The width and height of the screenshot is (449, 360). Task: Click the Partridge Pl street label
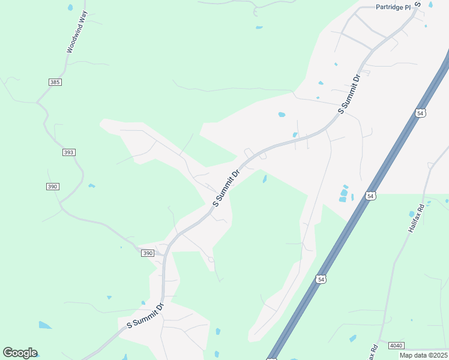tap(393, 7)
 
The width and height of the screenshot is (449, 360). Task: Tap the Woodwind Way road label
tap(77, 32)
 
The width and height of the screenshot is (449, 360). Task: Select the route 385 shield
tap(55, 82)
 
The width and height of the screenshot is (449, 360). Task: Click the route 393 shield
tap(68, 152)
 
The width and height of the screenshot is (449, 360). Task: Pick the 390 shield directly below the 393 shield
tap(52, 187)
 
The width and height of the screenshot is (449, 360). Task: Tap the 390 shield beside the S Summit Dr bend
tap(148, 253)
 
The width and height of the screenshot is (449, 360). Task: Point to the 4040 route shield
tap(396, 346)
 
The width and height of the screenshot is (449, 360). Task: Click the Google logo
tap(20, 353)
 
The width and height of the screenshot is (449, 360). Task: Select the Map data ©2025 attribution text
tap(424, 355)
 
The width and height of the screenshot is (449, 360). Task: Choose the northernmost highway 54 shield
tap(420, 113)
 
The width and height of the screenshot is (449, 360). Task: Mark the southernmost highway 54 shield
tap(321, 279)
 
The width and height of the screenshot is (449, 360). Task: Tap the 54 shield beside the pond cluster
tap(371, 196)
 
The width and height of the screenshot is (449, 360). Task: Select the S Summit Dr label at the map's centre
tap(226, 188)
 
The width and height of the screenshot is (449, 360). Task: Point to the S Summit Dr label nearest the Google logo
tap(146, 316)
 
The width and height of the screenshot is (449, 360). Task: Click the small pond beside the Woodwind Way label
tap(70, 8)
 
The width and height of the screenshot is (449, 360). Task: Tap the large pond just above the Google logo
tap(45, 325)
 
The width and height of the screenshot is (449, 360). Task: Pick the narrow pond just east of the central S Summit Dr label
tap(264, 178)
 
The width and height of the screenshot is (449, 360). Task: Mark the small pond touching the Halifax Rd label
tap(412, 214)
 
